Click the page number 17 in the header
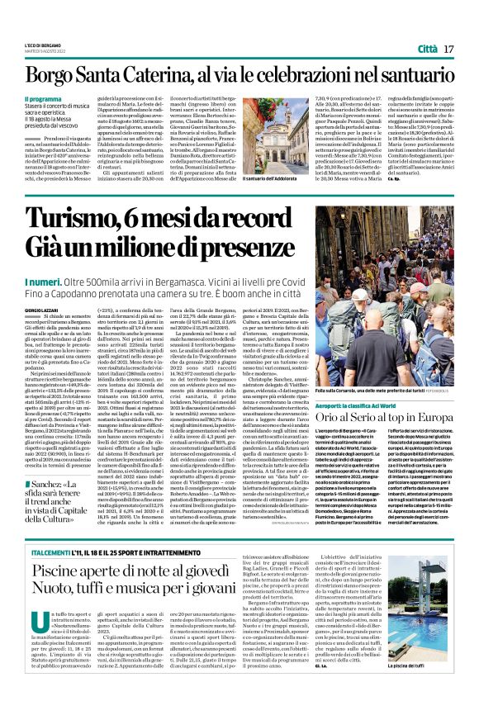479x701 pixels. click(449, 50)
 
